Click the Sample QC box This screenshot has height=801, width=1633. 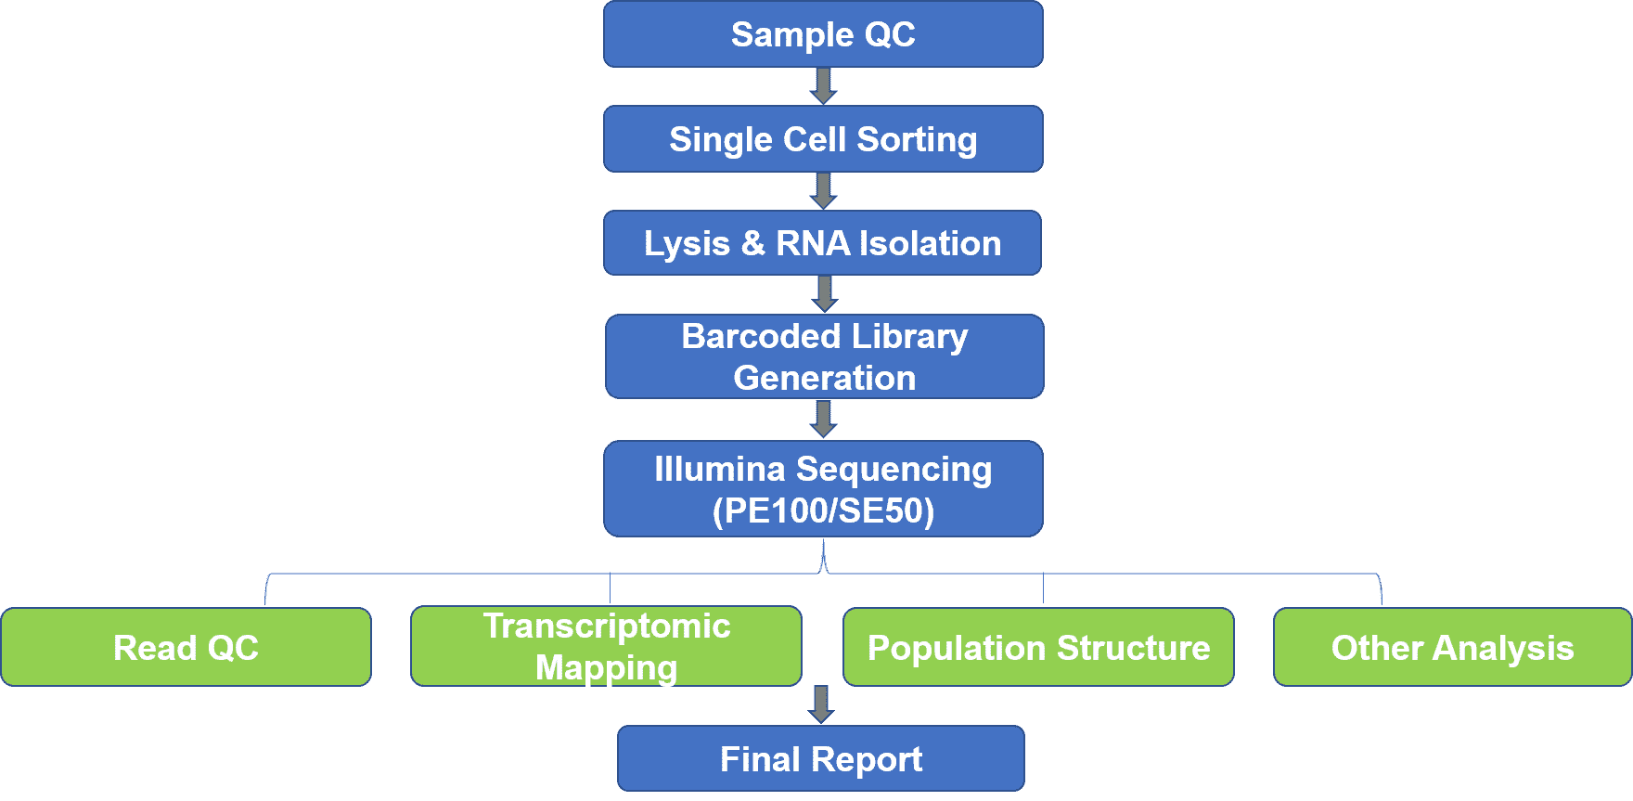point(823,34)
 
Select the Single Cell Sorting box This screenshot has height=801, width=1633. point(823,139)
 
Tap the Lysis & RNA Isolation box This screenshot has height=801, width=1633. point(822,243)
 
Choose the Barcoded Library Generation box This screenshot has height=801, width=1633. point(825,356)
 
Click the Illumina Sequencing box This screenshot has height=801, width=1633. point(823,489)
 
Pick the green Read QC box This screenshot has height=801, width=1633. point(186,647)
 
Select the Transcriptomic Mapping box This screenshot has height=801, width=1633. point(607,646)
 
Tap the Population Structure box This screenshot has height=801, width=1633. point(1038,647)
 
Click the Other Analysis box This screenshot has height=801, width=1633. point(1452,647)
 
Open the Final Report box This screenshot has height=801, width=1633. point(821,758)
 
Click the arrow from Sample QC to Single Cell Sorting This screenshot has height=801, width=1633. point(824,86)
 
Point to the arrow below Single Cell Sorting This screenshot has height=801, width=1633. point(824,191)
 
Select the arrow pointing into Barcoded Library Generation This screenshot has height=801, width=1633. point(825,294)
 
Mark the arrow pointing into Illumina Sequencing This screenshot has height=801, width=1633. point(824,420)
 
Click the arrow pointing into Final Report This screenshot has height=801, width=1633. point(821,705)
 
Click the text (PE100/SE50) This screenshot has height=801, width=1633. point(823,510)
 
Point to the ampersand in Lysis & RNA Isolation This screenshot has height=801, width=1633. point(752,243)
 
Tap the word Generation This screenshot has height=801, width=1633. point(825,378)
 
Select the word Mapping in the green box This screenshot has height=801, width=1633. point(607,667)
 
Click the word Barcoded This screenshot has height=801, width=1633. point(761,336)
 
